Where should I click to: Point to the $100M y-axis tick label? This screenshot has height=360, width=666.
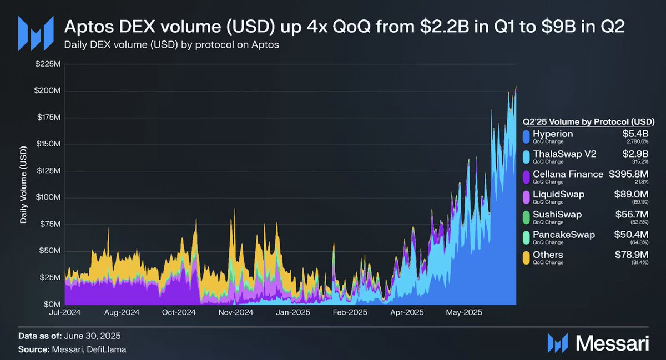47,198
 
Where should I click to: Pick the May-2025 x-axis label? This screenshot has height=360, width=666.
464,313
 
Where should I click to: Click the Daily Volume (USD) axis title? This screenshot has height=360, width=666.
24,185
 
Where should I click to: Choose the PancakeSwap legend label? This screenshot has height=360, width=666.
563,235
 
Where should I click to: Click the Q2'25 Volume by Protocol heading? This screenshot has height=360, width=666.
589,121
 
